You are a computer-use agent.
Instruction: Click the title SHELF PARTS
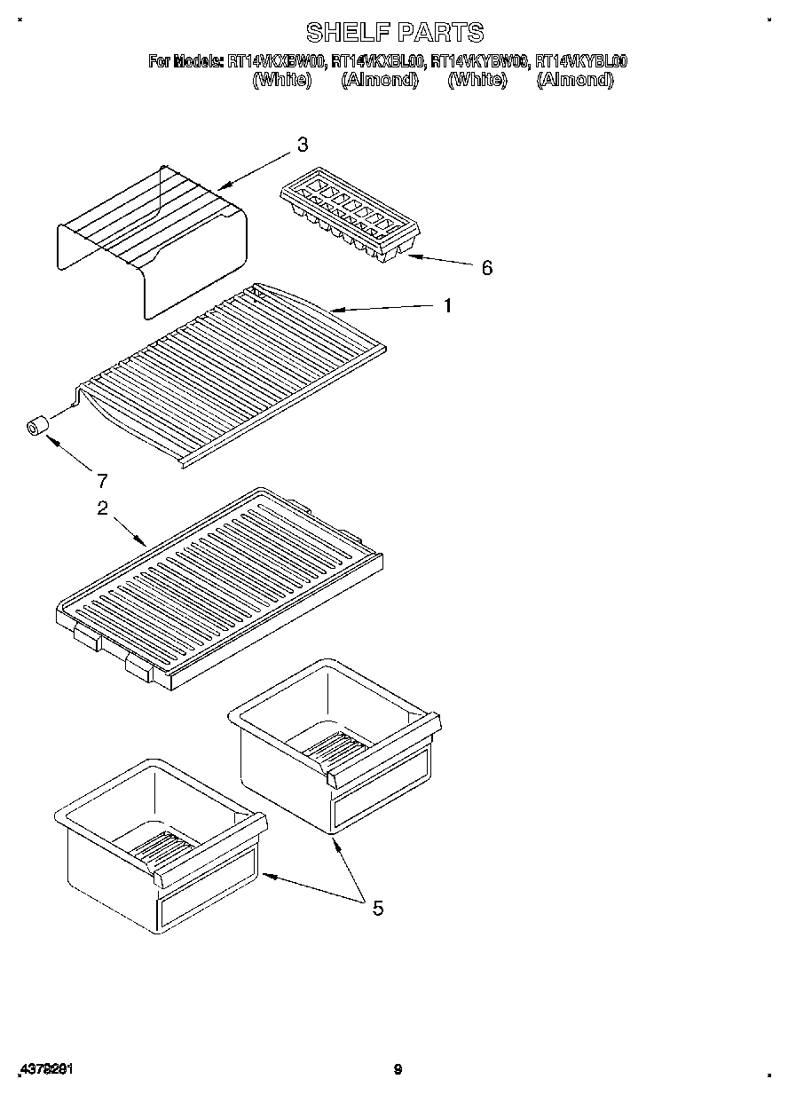pyautogui.click(x=395, y=33)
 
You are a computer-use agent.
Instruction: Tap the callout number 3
pyautogui.click(x=303, y=145)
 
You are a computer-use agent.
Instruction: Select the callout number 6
pyautogui.click(x=486, y=267)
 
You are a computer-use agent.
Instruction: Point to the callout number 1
pyautogui.click(x=448, y=305)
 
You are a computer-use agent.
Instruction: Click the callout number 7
pyautogui.click(x=102, y=481)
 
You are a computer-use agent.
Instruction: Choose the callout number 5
pyautogui.click(x=377, y=908)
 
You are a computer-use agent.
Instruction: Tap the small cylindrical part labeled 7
pyautogui.click(x=36, y=427)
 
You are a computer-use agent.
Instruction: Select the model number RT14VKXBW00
pyautogui.click(x=277, y=62)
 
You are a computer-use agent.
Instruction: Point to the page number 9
pyautogui.click(x=398, y=1070)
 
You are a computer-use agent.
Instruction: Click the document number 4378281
pyautogui.click(x=43, y=1069)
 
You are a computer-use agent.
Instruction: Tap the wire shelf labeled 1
pyautogui.click(x=231, y=373)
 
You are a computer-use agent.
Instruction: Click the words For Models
pyautogui.click(x=185, y=62)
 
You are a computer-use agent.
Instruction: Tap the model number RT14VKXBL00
pyautogui.click(x=378, y=62)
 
